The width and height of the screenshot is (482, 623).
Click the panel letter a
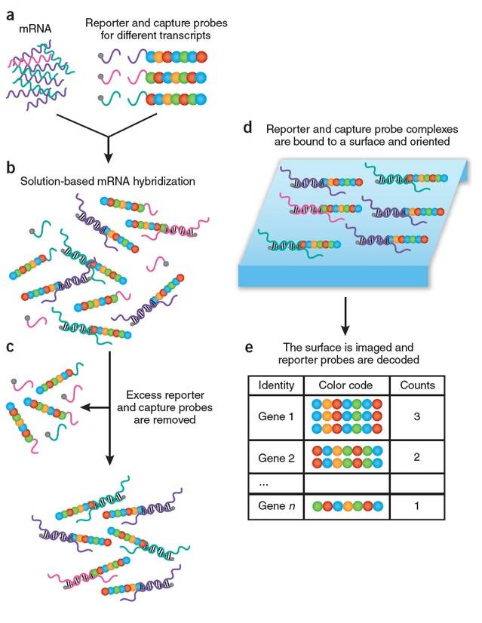[x=11, y=13]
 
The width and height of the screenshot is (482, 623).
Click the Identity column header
[x=275, y=386]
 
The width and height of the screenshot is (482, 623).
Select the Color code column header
[x=345, y=386]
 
